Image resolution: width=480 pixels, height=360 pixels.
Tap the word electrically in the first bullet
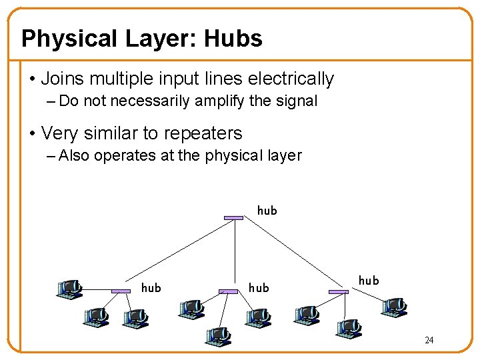(x=291, y=79)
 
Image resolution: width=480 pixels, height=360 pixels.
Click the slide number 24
(x=429, y=341)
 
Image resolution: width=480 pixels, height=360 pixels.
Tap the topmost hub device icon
(x=233, y=217)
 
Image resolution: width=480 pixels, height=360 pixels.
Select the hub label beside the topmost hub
(x=267, y=211)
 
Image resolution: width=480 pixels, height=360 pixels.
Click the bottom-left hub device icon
(x=121, y=291)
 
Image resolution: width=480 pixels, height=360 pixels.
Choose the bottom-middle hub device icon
(x=228, y=291)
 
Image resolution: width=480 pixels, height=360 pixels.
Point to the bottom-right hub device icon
(x=339, y=291)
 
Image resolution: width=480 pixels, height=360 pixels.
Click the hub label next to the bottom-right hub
(x=369, y=281)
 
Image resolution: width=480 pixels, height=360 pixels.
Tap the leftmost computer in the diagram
(x=69, y=289)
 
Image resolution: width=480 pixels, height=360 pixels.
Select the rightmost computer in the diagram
(x=393, y=306)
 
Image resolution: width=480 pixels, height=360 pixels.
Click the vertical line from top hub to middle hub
(x=233, y=253)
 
